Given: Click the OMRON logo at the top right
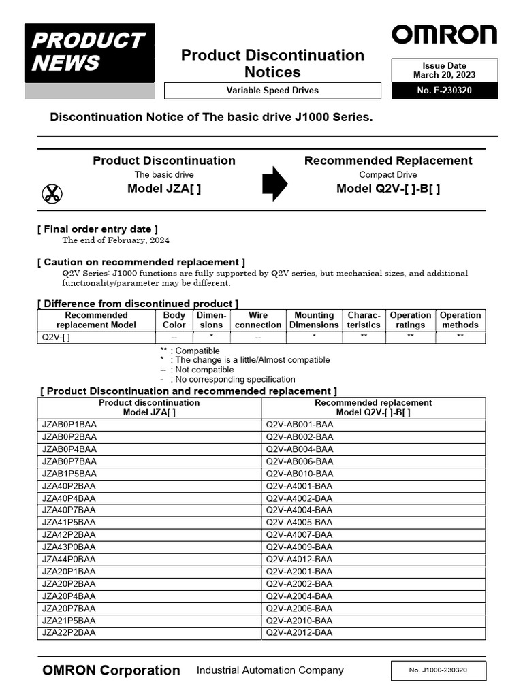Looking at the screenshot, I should (x=443, y=35).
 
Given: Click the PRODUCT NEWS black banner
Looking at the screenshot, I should (x=89, y=53).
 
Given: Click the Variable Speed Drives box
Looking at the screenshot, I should (x=272, y=91).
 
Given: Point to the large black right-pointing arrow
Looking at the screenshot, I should (x=275, y=184).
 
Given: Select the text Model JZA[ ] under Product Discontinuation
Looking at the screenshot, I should (x=164, y=189).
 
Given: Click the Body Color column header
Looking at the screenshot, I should (x=174, y=320).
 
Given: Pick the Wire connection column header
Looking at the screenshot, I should (x=258, y=320).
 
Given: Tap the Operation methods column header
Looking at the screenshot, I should (x=460, y=320).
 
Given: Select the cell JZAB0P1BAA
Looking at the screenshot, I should (x=69, y=425).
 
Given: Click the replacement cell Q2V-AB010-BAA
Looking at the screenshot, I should (x=300, y=474).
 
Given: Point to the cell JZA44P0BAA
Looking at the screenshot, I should (x=69, y=560).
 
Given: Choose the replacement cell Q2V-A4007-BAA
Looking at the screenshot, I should (x=300, y=535).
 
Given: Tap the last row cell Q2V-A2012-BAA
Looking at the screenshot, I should (x=300, y=633).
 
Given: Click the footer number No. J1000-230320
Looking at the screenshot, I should (x=438, y=670).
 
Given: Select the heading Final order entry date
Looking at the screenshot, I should (x=97, y=229).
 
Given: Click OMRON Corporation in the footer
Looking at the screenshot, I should (x=111, y=670).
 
